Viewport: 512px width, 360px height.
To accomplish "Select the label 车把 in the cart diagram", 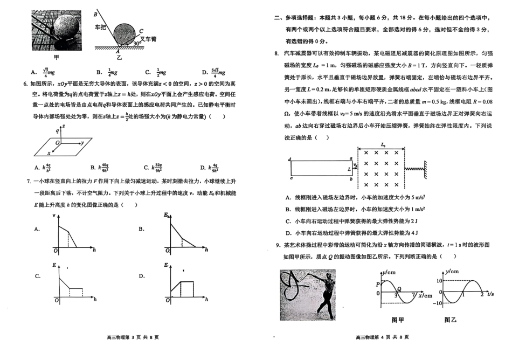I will point(101,26).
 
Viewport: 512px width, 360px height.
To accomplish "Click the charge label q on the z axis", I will point(57,130).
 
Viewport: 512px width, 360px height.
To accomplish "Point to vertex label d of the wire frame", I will point(290,159).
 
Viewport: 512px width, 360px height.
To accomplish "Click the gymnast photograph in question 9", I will point(307,294).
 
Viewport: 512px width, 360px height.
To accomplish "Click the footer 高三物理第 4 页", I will point(382,337).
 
